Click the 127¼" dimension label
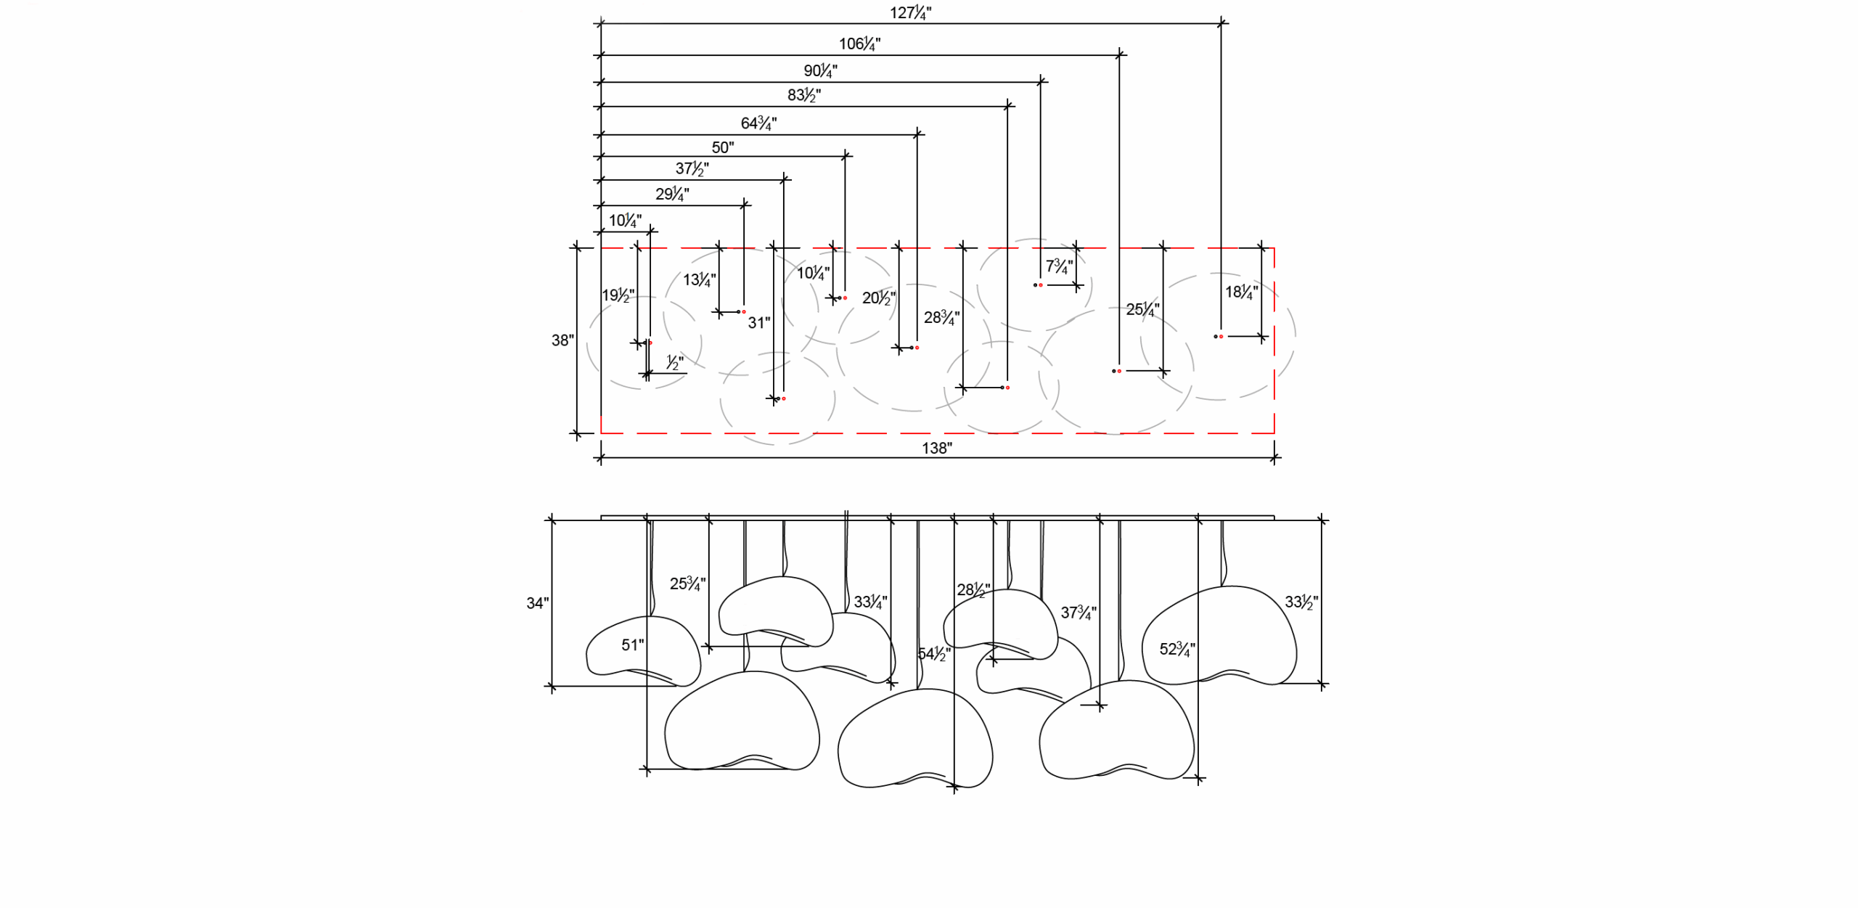click(x=910, y=13)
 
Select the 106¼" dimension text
click(x=859, y=44)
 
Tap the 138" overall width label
click(x=936, y=449)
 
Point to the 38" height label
click(x=562, y=340)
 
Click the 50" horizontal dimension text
click(x=722, y=148)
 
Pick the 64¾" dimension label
click(x=758, y=123)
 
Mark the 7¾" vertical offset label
click(x=1058, y=266)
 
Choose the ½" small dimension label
click(x=674, y=362)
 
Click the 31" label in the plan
click(x=759, y=323)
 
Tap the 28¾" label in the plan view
click(x=941, y=318)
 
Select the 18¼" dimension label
click(x=1241, y=293)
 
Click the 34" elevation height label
click(x=537, y=603)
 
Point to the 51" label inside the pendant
click(x=632, y=645)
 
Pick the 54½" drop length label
click(x=933, y=655)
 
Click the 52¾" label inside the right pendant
click(x=1176, y=650)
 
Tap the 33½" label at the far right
click(x=1301, y=602)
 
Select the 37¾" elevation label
click(x=1078, y=613)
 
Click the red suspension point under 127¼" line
click(x=1221, y=337)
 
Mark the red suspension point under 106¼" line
click(x=1119, y=372)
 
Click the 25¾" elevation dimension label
click(x=687, y=584)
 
